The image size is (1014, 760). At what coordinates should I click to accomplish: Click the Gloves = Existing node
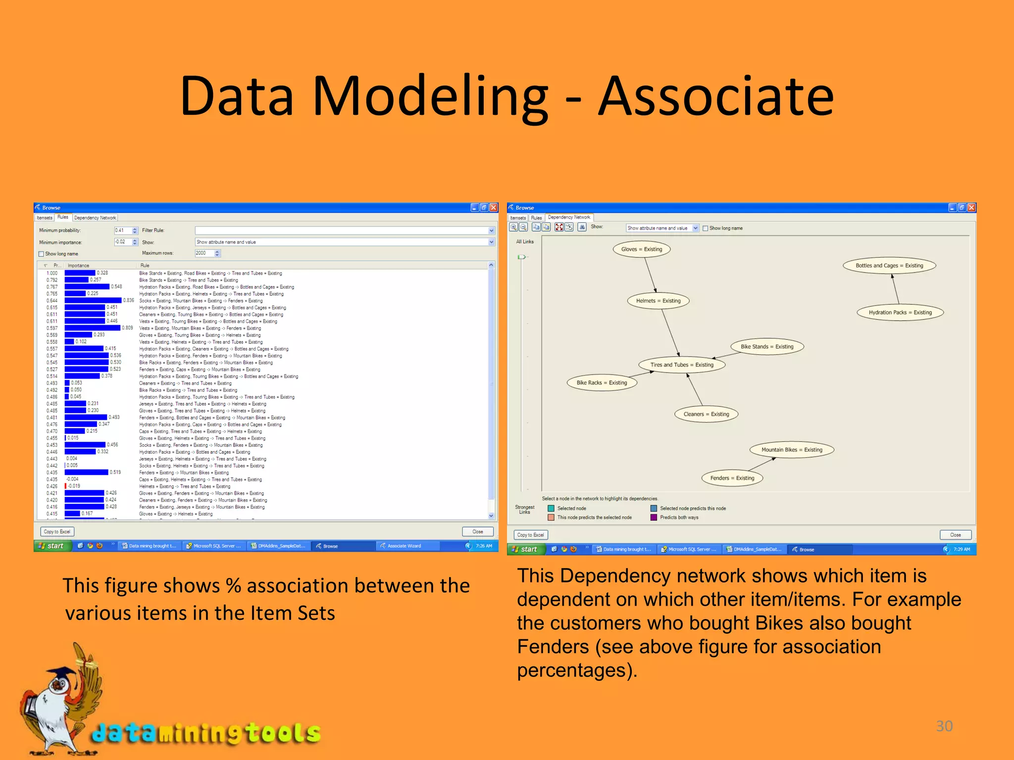click(642, 249)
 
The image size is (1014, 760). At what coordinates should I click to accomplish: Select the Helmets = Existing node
click(658, 301)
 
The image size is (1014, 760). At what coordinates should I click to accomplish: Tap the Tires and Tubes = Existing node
click(682, 365)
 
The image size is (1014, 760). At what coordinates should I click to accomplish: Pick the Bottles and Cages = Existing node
click(889, 266)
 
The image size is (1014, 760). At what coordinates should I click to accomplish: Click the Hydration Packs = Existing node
click(900, 313)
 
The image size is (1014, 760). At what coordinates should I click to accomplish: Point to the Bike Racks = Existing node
click(602, 383)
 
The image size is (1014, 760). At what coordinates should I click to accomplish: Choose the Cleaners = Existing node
click(706, 415)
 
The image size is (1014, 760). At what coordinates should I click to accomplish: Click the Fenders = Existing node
click(732, 478)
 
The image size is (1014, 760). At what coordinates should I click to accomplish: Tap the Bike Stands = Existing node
click(766, 347)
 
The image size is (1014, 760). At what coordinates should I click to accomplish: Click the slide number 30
click(944, 726)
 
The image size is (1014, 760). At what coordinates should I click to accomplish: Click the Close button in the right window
click(955, 535)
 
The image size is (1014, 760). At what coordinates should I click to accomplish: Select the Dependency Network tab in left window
click(95, 218)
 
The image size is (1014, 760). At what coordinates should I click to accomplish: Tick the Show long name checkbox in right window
click(706, 229)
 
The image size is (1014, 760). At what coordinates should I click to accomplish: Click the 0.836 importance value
click(129, 300)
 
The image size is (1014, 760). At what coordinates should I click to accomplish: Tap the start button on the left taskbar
click(51, 546)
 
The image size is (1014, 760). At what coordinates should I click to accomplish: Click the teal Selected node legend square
click(551, 509)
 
